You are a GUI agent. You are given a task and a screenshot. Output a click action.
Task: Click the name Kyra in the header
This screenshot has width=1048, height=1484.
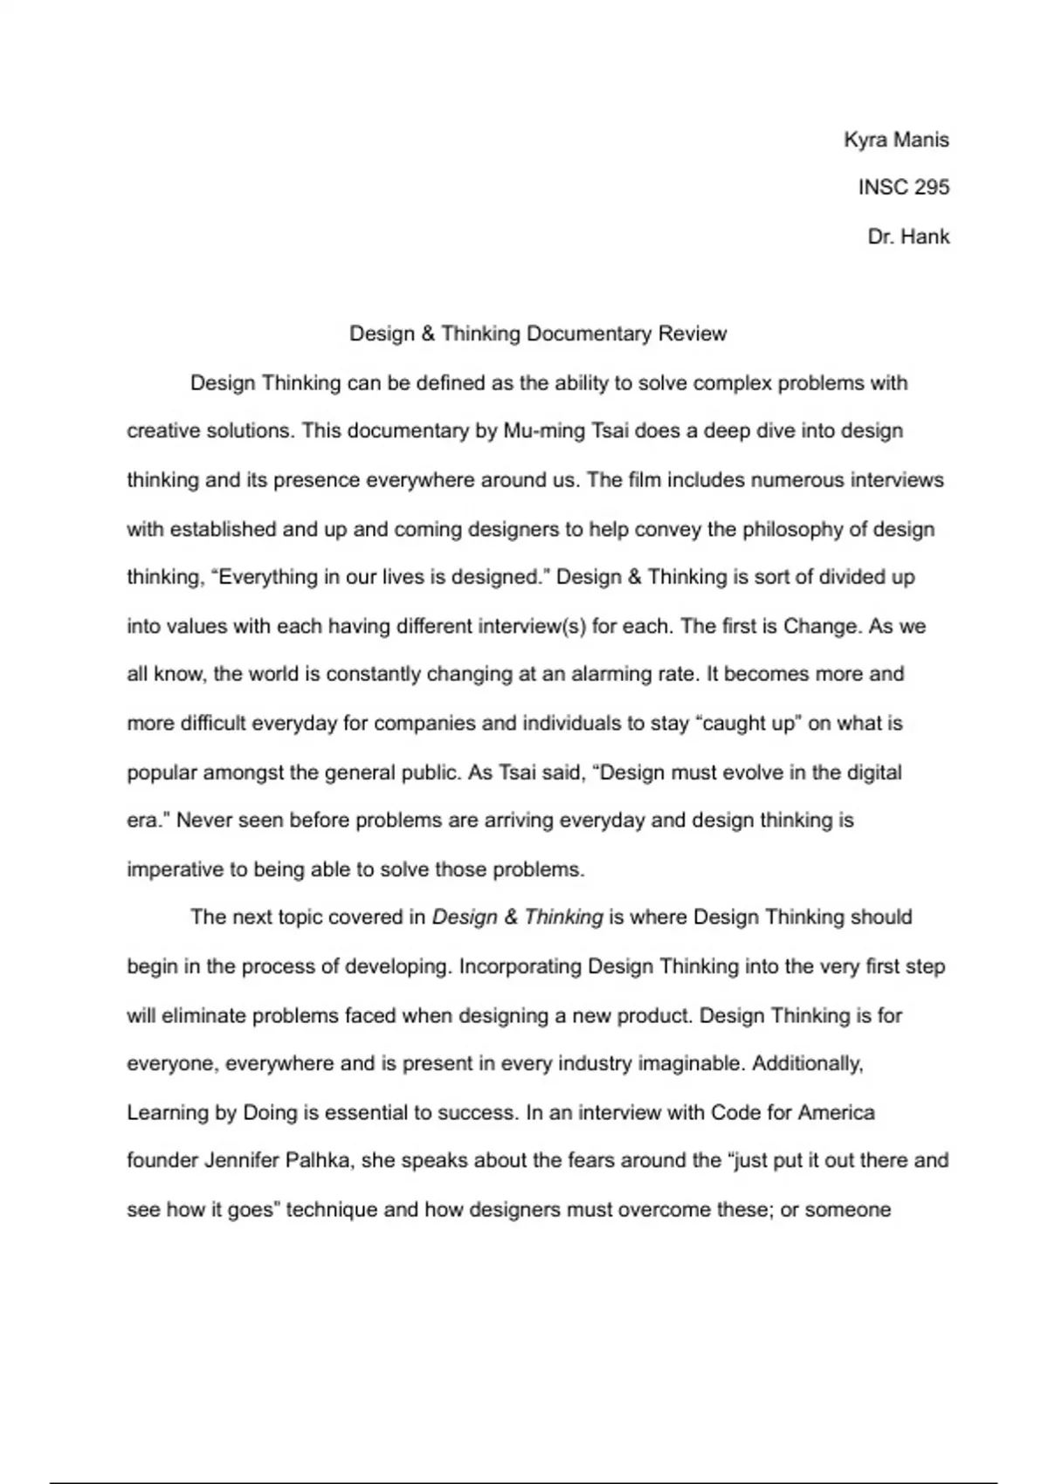865,140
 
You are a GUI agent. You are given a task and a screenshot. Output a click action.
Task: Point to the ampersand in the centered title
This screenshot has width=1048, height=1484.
427,333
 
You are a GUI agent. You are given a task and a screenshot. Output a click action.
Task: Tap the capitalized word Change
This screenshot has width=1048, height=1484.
820,627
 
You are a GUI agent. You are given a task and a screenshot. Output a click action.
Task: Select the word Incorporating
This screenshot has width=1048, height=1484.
520,966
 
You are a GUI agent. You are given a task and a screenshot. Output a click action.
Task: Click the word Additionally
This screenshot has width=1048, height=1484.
807,1064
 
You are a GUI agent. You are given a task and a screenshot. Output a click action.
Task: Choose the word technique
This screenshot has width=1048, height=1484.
334,1210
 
